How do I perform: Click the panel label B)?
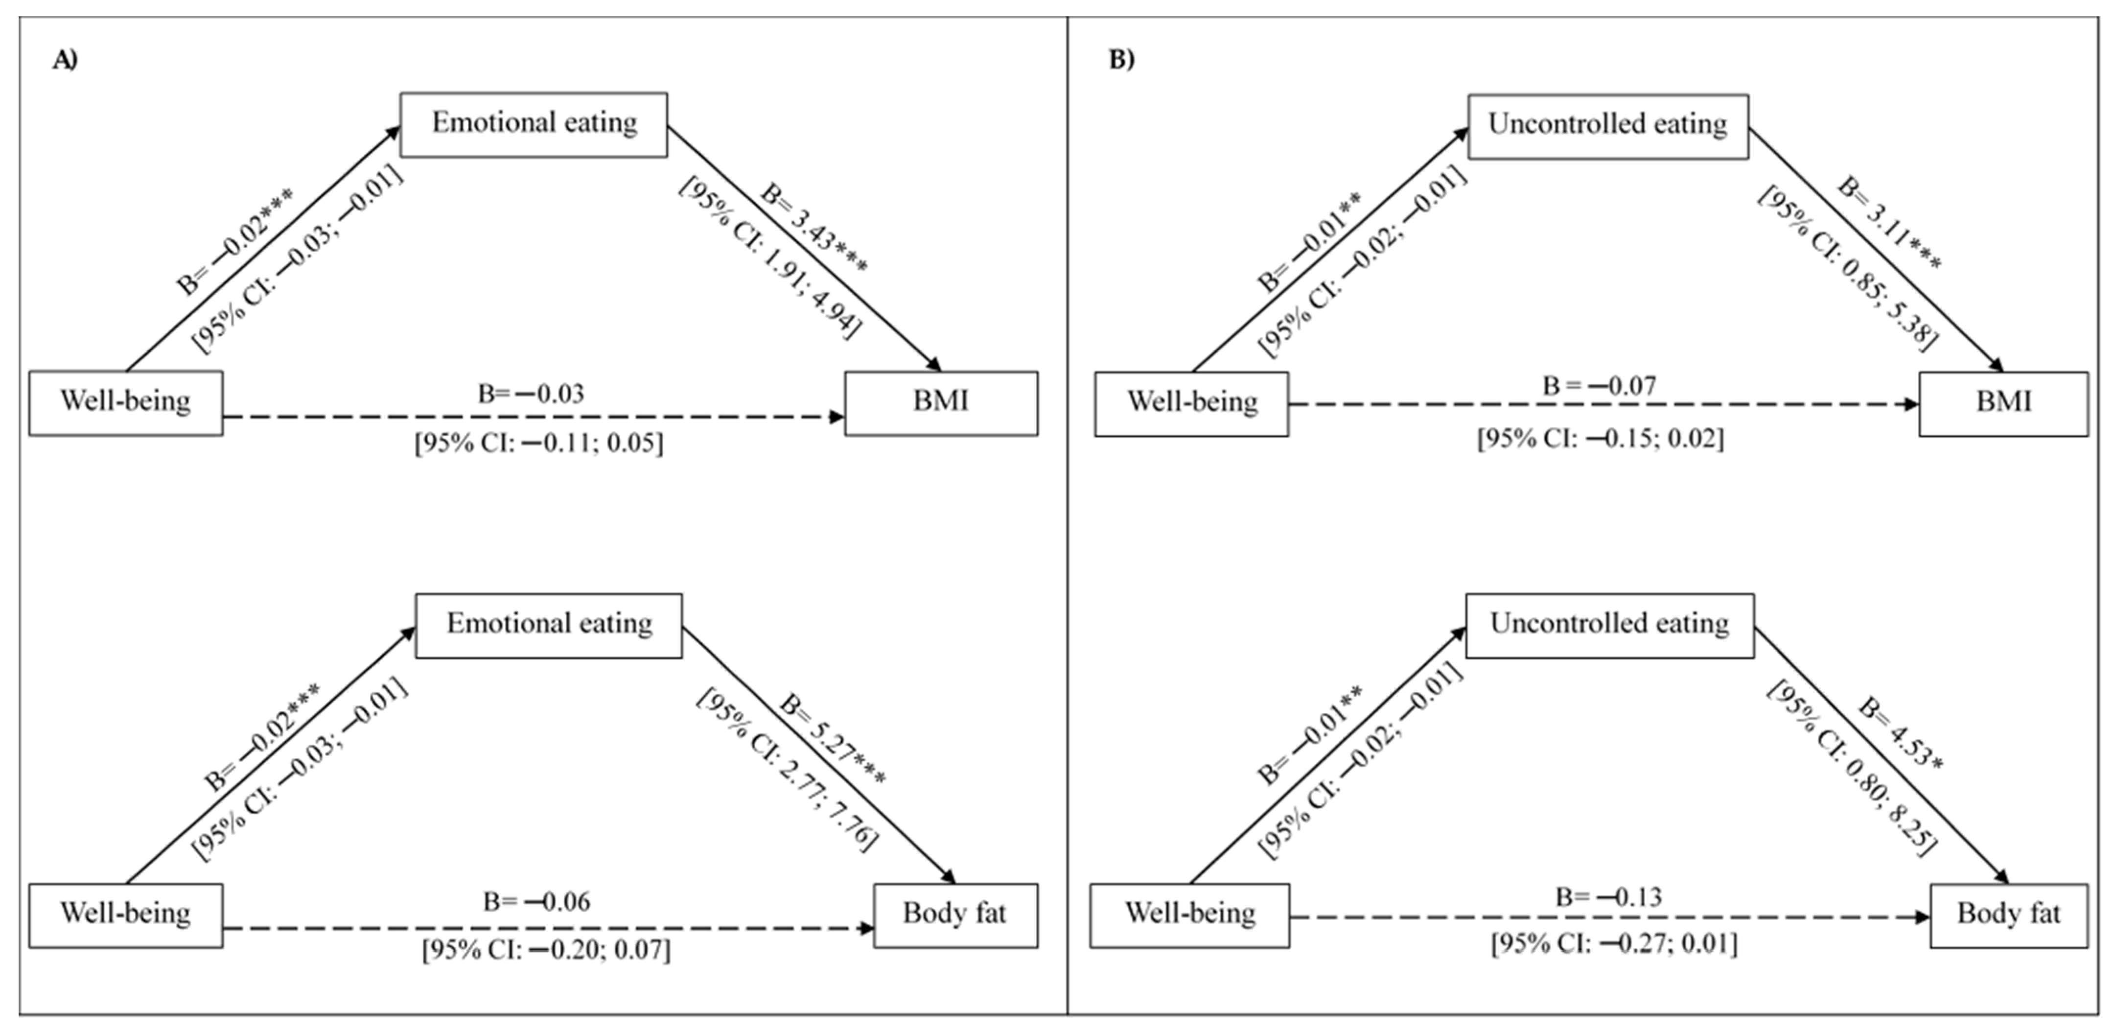(1122, 60)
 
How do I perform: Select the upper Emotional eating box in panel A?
(534, 124)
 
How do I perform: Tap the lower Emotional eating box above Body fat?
(548, 626)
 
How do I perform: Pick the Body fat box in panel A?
(955, 914)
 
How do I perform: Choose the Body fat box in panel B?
(2008, 914)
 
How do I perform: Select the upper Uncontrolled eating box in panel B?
(1608, 126)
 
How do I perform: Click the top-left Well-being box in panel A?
(126, 402)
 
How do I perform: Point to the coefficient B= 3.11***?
(1889, 222)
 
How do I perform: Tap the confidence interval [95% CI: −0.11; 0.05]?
(538, 443)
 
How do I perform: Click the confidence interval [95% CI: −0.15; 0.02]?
(1600, 438)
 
